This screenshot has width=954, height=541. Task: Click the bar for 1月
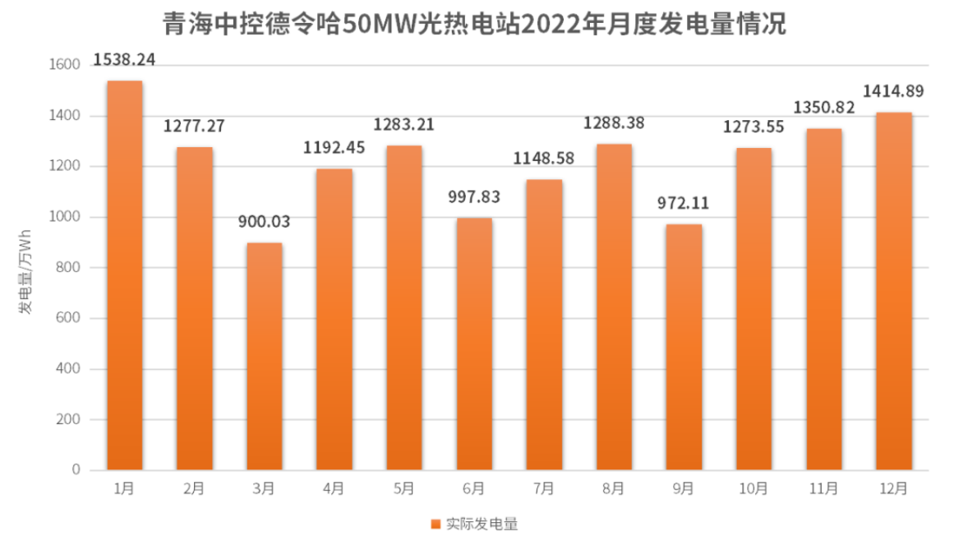124,275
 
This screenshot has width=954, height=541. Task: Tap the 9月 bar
684,347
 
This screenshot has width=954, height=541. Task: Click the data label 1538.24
124,59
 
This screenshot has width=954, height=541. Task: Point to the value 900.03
265,222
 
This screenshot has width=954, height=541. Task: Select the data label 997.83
474,197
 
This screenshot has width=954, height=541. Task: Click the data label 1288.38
614,123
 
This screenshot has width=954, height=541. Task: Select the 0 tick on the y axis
76,470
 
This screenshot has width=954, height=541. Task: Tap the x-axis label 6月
474,488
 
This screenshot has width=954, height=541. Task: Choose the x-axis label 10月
754,488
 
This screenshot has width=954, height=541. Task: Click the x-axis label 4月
334,488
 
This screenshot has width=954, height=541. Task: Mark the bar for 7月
544,325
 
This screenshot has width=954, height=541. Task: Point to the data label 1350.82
824,108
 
